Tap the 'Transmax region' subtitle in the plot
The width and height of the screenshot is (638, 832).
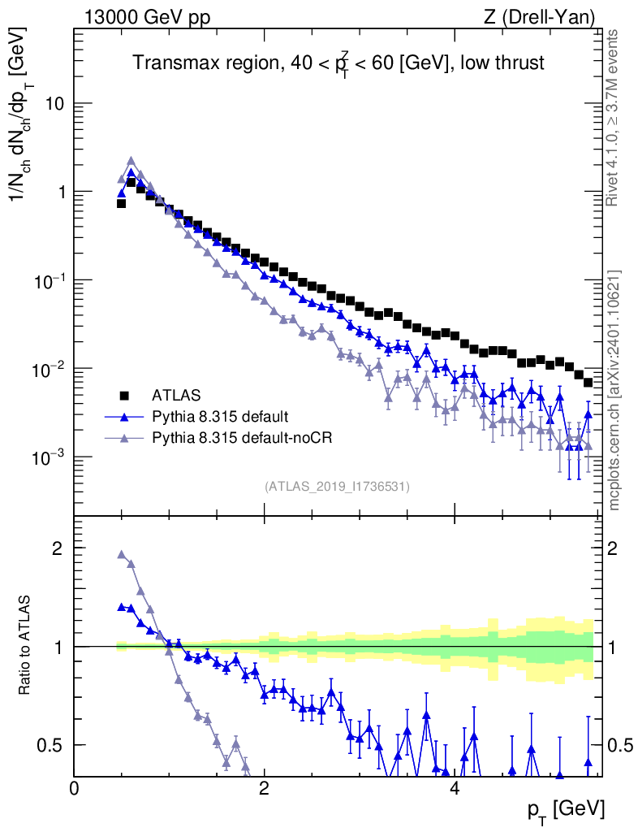[x=338, y=63]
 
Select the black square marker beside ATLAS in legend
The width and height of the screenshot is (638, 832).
[x=125, y=396]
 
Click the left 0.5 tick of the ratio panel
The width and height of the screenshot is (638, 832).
[x=53, y=745]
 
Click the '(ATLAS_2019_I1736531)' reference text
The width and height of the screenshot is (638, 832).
[x=337, y=487]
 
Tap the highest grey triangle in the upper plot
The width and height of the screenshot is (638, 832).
[x=131, y=161]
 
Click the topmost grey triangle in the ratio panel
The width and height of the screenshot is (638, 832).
[x=122, y=555]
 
